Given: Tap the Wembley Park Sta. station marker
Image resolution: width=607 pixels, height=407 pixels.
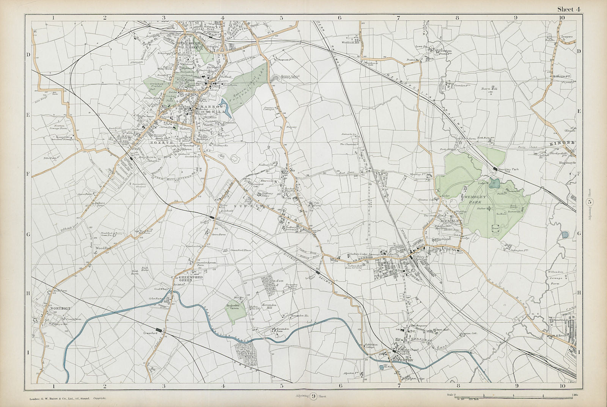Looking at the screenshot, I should click(495, 168).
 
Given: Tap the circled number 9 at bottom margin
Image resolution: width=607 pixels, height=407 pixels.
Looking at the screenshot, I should click(313, 396).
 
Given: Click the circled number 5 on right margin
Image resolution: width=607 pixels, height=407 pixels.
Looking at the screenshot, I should click(589, 203).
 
